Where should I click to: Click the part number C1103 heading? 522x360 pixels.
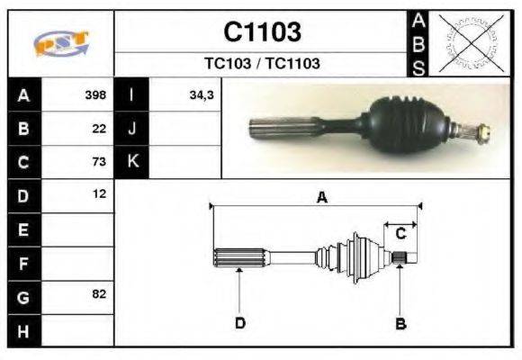(x=262, y=32)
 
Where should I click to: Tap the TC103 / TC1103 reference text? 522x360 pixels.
(x=262, y=63)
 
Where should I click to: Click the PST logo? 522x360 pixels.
(x=61, y=43)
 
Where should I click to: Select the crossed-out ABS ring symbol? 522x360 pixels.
(x=471, y=43)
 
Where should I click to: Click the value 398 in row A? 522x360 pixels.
(x=95, y=94)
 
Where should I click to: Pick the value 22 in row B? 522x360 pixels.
(x=99, y=129)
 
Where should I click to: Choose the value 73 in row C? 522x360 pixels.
(x=99, y=161)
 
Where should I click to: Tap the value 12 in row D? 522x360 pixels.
(x=100, y=193)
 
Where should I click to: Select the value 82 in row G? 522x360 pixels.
(x=99, y=293)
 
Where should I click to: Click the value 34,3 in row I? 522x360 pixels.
(x=202, y=94)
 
